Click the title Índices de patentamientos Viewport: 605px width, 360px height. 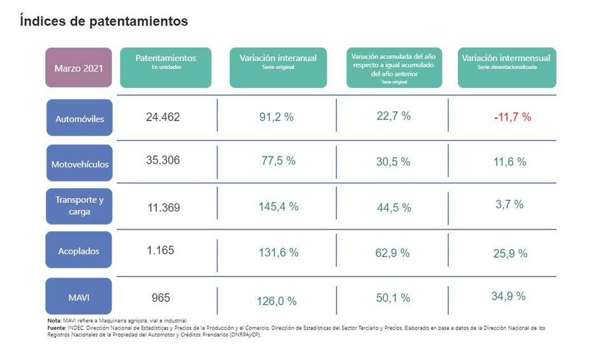click(x=104, y=21)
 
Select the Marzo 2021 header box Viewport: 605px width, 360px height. click(x=78, y=68)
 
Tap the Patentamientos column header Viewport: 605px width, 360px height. click(x=166, y=61)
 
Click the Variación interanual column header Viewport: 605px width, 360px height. click(x=278, y=61)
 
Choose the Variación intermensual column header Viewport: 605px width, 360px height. click(x=506, y=61)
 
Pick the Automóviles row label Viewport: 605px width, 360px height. click(x=80, y=119)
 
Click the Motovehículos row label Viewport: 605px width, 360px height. click(x=80, y=164)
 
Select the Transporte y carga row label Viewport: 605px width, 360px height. click(x=80, y=206)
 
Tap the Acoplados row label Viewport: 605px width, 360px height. click(x=80, y=251)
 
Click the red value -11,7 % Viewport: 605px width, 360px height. click(x=511, y=117)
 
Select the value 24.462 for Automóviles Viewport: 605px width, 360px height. click(x=163, y=117)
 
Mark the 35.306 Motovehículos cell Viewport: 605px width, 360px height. click(x=163, y=161)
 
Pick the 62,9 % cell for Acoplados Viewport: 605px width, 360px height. click(x=393, y=253)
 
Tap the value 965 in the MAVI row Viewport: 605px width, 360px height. click(x=160, y=298)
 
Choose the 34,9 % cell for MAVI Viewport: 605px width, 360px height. click(x=509, y=296)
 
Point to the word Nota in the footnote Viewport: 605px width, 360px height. click(x=54, y=320)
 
